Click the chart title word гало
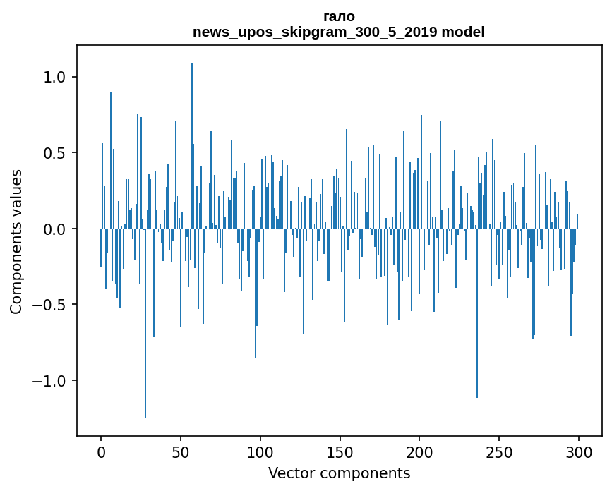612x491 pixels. [338, 16]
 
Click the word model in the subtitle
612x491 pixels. [462, 32]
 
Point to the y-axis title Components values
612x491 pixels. [16, 241]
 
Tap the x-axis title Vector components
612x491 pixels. [339, 473]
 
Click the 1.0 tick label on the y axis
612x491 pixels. [54, 77]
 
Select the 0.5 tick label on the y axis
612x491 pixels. [54, 153]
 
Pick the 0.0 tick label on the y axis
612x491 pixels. [54, 229]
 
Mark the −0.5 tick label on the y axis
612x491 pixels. [49, 305]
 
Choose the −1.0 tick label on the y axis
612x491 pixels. [49, 381]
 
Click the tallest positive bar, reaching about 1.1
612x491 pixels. [192, 141]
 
